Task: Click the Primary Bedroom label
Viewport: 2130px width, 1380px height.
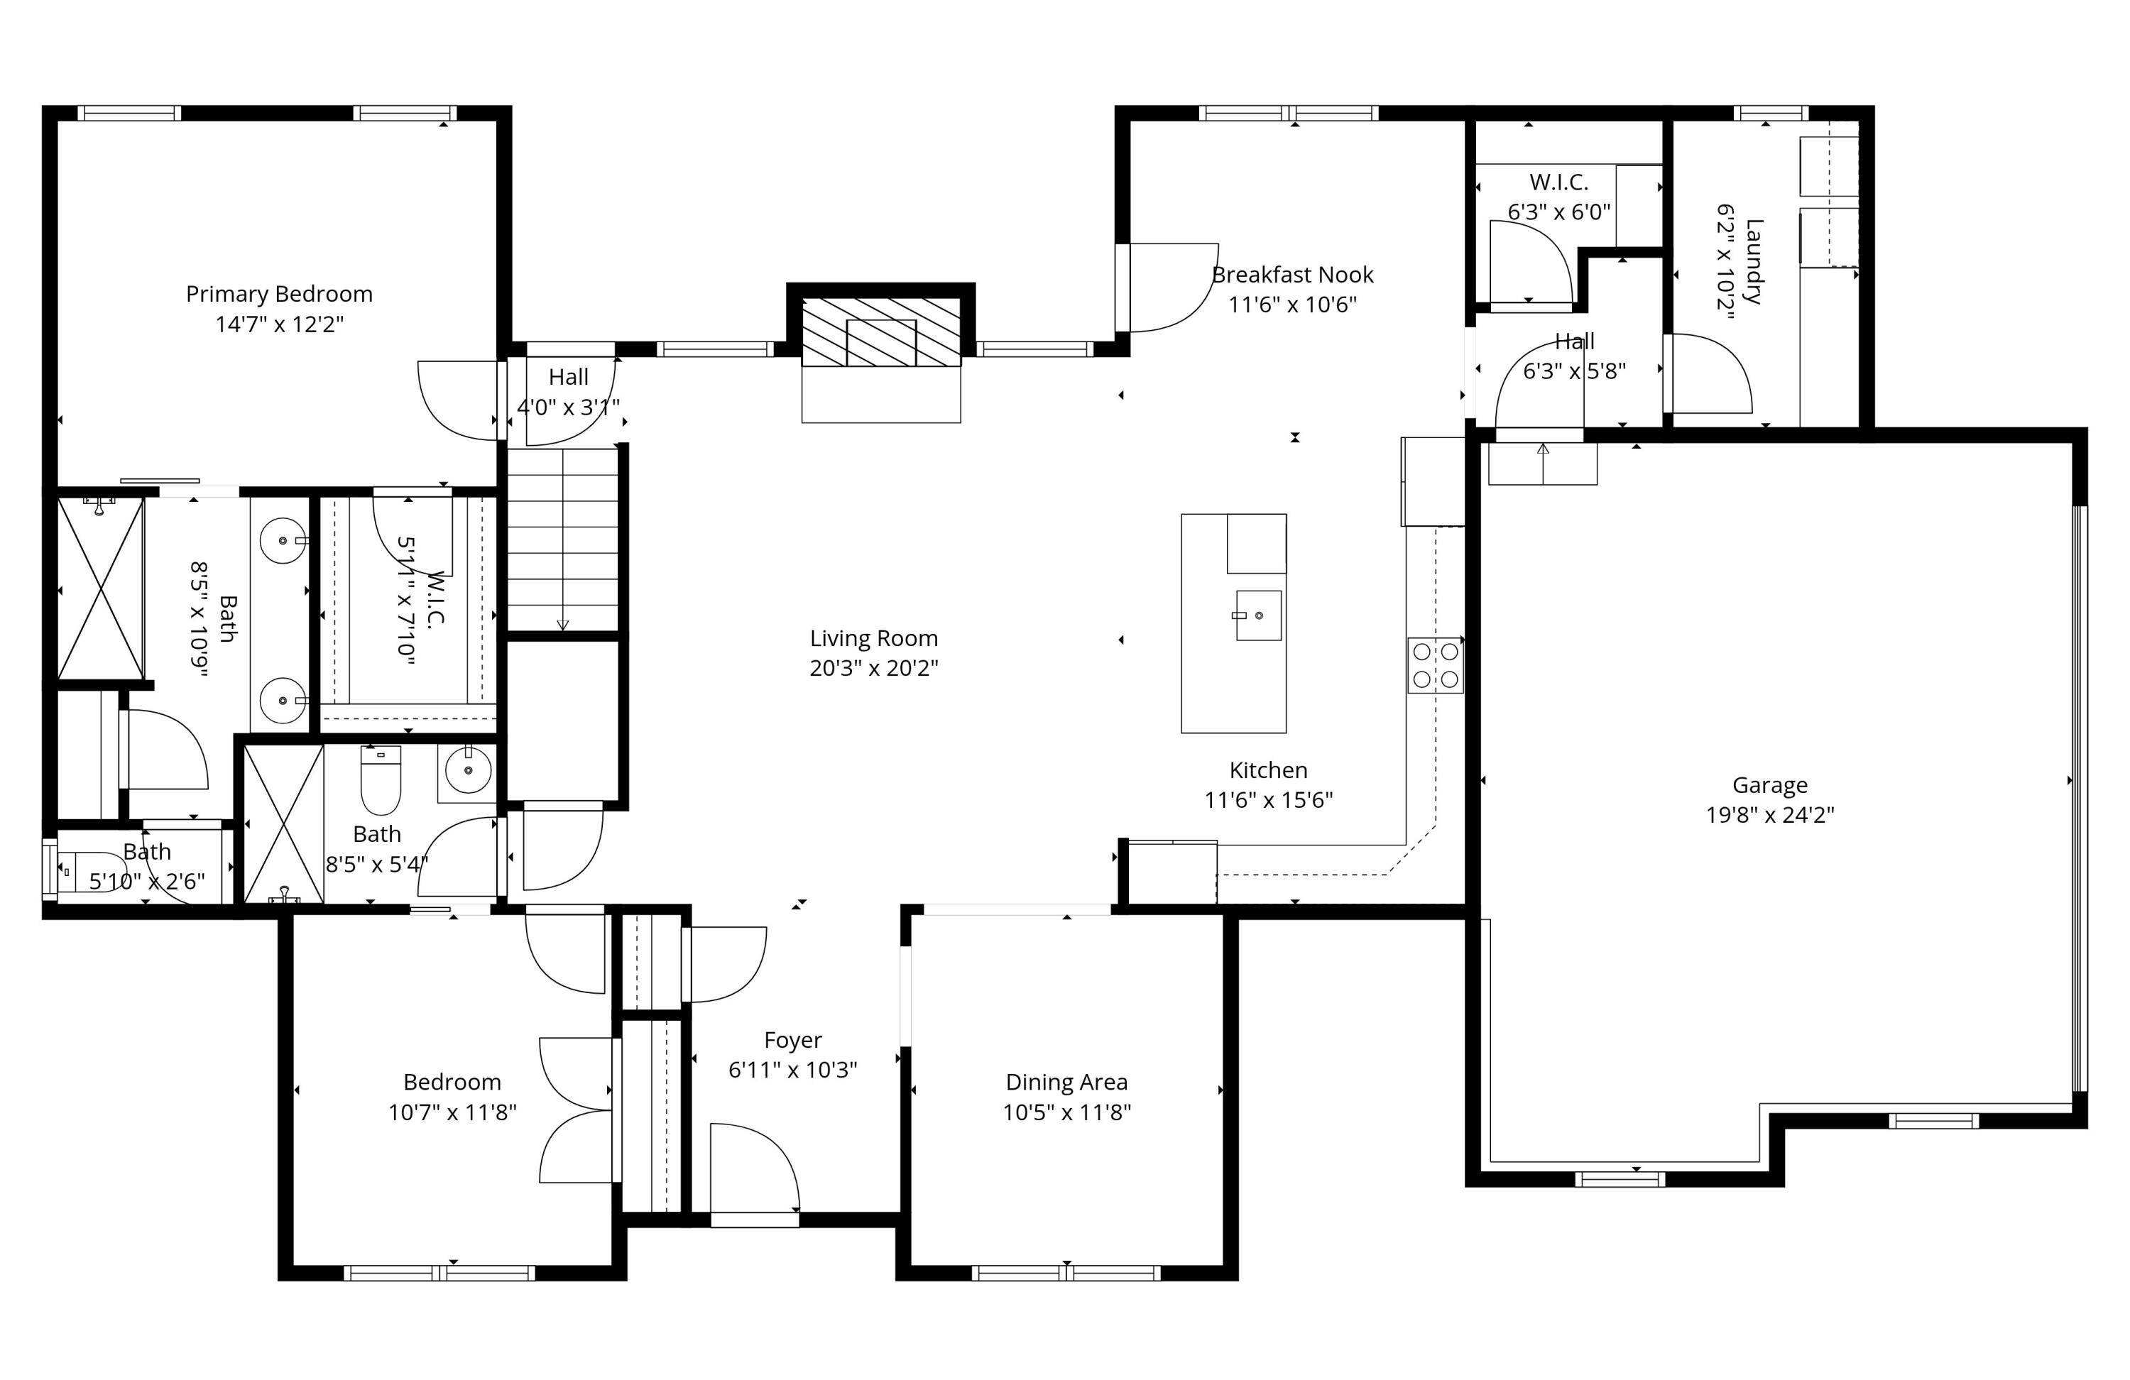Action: pos(278,294)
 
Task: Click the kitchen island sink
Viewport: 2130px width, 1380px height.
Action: pos(1257,615)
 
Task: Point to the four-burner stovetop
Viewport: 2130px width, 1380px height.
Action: pos(1435,665)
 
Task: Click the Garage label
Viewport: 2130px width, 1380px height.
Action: pos(1769,785)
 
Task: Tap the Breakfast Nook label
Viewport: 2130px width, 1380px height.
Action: pos(1291,275)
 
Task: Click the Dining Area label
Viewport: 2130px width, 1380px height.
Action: pos(1066,1082)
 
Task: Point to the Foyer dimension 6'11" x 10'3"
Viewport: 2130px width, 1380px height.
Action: pos(792,1070)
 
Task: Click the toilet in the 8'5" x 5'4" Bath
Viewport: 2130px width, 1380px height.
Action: pos(381,779)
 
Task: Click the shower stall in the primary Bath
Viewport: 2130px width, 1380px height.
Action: pos(100,589)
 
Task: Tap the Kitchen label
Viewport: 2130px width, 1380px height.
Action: pos(1267,770)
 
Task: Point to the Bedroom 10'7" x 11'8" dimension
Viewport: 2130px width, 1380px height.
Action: pos(452,1112)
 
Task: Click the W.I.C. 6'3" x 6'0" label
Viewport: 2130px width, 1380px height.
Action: pos(1558,182)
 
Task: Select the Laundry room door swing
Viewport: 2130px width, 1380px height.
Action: pos(1710,374)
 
